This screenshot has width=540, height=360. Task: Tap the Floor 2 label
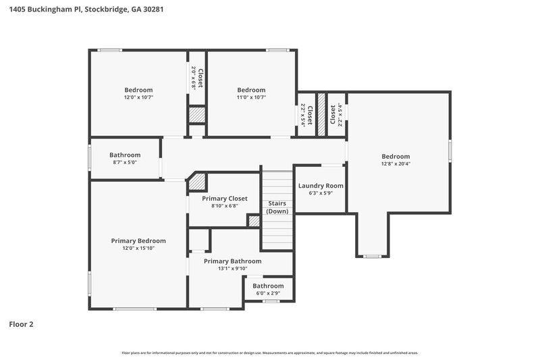click(21, 324)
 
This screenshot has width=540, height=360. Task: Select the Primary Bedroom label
click(138, 240)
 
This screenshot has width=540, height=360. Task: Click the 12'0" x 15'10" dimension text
click(138, 249)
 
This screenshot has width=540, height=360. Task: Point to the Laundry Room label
click(321, 186)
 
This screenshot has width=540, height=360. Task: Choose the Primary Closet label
click(225, 199)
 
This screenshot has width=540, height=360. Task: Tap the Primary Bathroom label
click(232, 261)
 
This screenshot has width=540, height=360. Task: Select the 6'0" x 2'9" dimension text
click(268, 294)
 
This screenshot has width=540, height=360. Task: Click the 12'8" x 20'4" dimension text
click(396, 163)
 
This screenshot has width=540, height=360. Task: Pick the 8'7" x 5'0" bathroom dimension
click(125, 162)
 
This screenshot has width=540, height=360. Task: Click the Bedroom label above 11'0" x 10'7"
click(251, 90)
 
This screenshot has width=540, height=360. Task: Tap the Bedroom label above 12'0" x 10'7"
click(138, 90)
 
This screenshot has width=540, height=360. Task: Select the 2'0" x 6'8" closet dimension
click(193, 78)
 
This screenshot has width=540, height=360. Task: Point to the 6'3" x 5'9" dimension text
click(321, 193)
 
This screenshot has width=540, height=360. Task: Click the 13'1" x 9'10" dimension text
click(232, 269)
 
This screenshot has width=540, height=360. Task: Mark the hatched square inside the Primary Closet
click(254, 220)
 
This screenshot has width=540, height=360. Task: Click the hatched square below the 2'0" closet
click(196, 115)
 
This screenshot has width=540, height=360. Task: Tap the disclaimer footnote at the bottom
click(270, 353)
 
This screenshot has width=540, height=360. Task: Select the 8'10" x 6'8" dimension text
click(225, 206)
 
